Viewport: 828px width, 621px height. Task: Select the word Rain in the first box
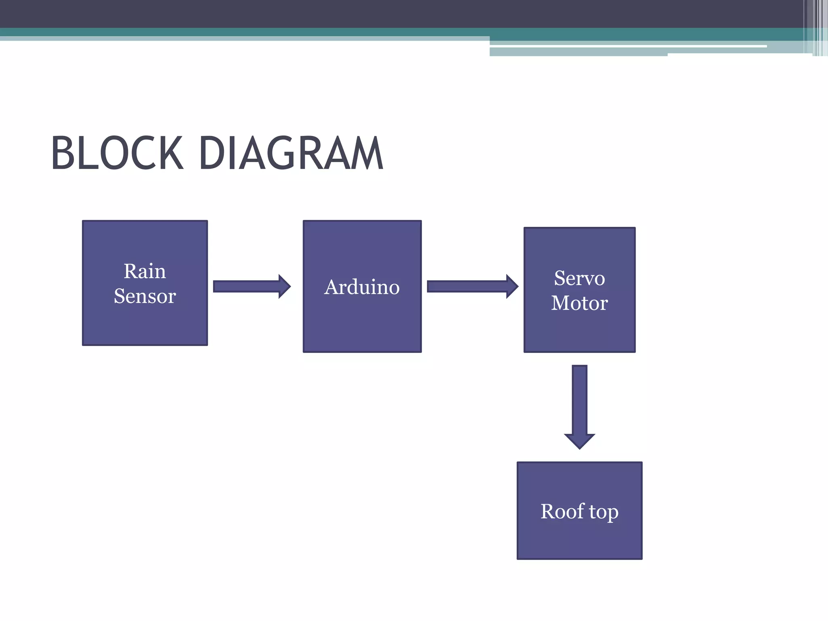pyautogui.click(x=145, y=271)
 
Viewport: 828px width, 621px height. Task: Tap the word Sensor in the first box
pyautogui.click(x=145, y=296)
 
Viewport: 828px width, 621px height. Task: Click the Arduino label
pyautogui.click(x=362, y=287)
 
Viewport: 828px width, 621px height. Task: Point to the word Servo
pyautogui.click(x=579, y=278)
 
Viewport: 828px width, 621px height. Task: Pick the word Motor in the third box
pyautogui.click(x=579, y=303)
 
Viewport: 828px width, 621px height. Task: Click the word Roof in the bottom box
pyautogui.click(x=562, y=511)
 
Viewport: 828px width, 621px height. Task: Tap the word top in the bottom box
pyautogui.click(x=604, y=513)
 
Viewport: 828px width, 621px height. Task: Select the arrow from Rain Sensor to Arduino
pyautogui.click(x=247, y=287)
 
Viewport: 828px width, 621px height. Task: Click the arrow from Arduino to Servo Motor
pyautogui.click(x=467, y=287)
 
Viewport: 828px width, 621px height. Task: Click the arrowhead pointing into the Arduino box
pyautogui.click(x=284, y=287)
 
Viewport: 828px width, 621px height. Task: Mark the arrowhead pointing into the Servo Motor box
pyautogui.click(x=512, y=287)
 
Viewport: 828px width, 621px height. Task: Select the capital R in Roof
pyautogui.click(x=549, y=511)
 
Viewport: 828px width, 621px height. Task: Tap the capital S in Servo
pyautogui.click(x=560, y=278)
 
